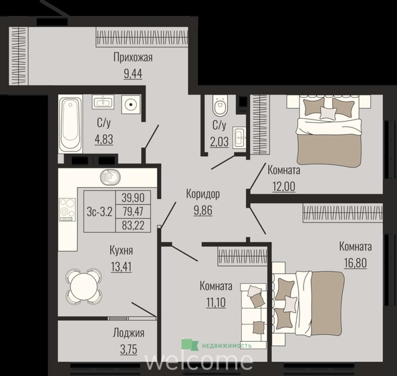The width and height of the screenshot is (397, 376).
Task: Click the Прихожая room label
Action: pyautogui.click(x=133, y=57)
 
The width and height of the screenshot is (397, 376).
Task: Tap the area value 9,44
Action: pyautogui.click(x=133, y=74)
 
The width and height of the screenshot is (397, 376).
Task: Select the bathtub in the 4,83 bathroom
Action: pyautogui.click(x=70, y=124)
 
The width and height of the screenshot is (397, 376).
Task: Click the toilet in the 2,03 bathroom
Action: pyautogui.click(x=221, y=106)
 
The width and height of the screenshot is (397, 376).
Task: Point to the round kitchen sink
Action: pyautogui.click(x=110, y=177)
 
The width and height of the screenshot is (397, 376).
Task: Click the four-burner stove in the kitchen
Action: pyautogui.click(x=67, y=210)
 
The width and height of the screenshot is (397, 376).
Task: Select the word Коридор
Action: pyautogui.click(x=203, y=194)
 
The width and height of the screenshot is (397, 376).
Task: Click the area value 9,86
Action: pyautogui.click(x=203, y=210)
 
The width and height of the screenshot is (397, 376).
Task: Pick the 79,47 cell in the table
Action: pyautogui.click(x=133, y=211)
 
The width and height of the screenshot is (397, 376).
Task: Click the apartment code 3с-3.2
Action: pyautogui.click(x=99, y=212)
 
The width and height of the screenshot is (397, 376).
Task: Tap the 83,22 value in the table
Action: pyautogui.click(x=133, y=225)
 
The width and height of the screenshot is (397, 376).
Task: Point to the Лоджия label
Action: pyautogui.click(x=128, y=333)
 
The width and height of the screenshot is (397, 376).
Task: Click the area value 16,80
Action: pyautogui.click(x=356, y=263)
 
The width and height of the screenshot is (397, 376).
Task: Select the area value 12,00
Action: pyautogui.click(x=284, y=187)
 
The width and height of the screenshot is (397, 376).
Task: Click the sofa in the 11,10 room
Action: pyautogui.click(x=253, y=316)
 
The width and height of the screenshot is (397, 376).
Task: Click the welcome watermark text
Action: pyautogui.click(x=199, y=361)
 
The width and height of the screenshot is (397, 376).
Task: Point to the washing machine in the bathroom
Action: pyautogui.click(x=130, y=104)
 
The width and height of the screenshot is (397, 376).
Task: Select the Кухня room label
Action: pyautogui.click(x=121, y=250)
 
